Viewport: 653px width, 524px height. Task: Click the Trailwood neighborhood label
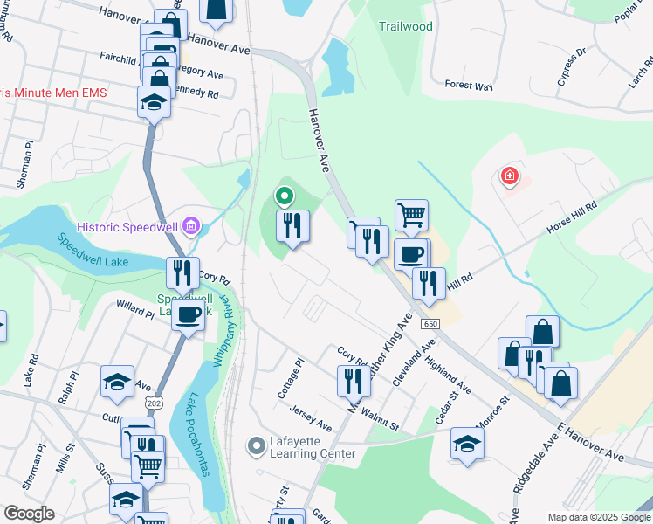coord(405,26)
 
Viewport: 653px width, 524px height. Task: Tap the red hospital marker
coord(509,177)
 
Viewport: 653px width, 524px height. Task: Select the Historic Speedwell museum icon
coord(192,228)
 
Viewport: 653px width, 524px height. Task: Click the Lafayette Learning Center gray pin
coord(256,447)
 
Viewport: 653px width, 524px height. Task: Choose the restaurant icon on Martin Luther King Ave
coord(353,380)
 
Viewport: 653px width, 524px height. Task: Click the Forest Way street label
coord(469,86)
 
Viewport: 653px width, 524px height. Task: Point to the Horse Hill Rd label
coord(571,218)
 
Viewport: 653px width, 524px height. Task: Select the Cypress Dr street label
coord(572,66)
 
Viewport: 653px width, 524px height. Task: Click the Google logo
coord(29,514)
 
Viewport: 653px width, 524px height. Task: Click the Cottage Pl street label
coord(290,378)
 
